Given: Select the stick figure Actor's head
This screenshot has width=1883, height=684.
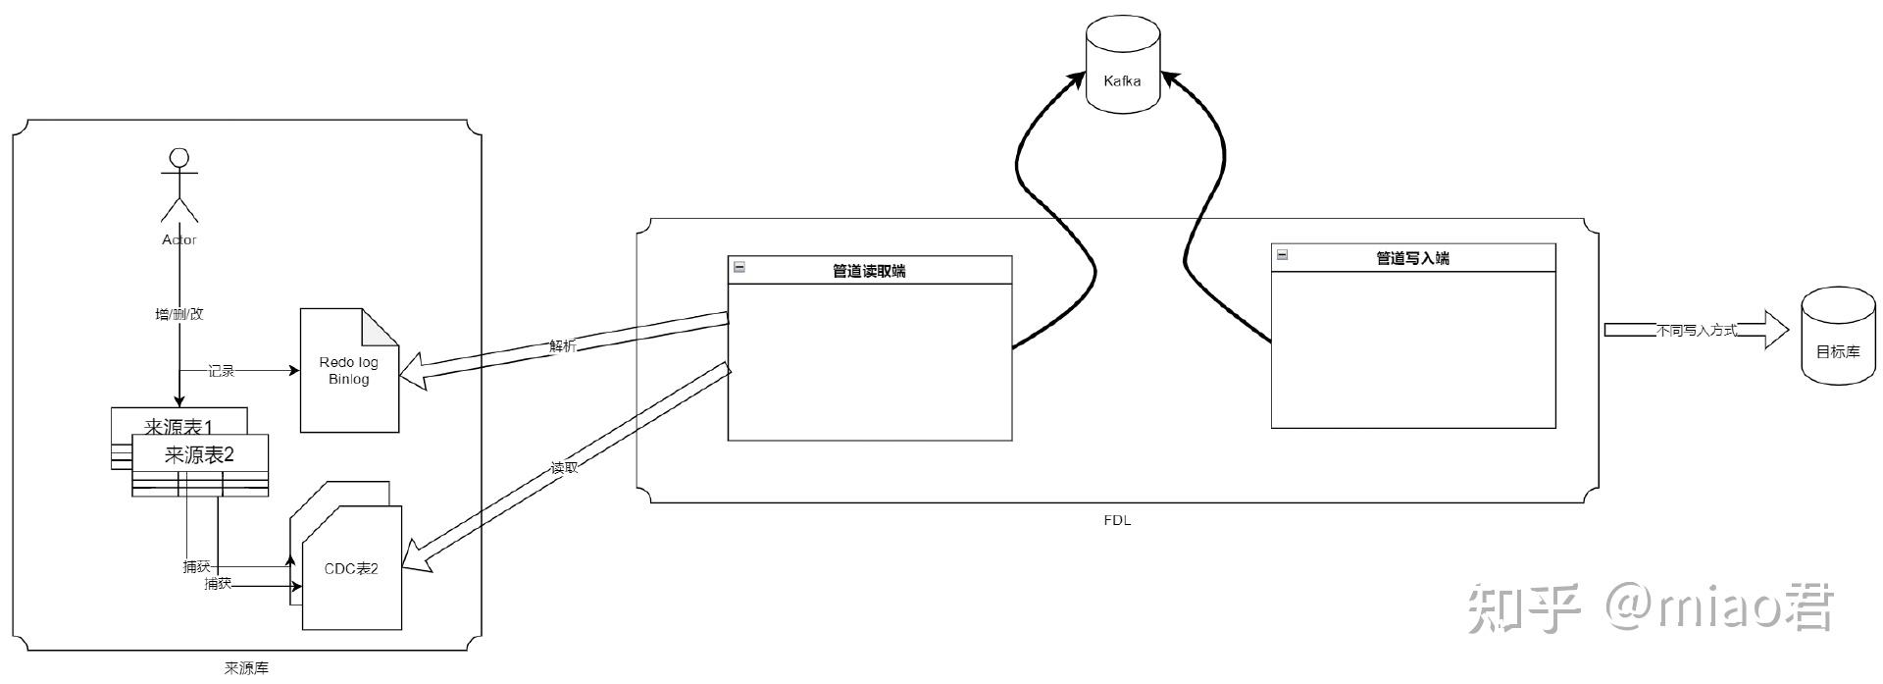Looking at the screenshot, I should (178, 158).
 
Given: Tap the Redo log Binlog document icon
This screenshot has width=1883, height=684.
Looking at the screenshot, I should (349, 371).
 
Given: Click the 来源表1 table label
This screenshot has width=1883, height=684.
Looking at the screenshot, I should (178, 427).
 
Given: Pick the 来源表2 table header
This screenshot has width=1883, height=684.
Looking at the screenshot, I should (200, 454).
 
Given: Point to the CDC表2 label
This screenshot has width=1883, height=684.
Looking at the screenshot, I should (351, 568).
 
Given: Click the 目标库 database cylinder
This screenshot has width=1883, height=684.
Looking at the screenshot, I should (1838, 340).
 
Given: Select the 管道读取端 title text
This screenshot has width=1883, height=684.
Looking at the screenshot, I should (869, 271).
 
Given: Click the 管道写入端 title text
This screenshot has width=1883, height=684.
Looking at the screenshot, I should (1412, 258).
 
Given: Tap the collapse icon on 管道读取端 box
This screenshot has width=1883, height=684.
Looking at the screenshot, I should (739, 267).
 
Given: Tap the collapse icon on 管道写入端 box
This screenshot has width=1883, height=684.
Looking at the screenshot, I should (1282, 255).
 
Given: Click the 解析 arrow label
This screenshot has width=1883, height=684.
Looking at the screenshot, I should (563, 346).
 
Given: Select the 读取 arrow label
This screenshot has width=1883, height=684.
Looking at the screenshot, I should (564, 468).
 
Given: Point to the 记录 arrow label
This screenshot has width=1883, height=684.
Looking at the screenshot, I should (222, 371).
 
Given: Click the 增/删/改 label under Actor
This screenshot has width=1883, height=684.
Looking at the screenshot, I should (179, 314).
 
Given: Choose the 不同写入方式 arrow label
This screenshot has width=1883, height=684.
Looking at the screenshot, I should (1696, 331).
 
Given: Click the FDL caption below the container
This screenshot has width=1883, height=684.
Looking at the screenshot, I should (1117, 520).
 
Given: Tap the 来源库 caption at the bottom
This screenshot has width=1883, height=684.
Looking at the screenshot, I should (246, 668).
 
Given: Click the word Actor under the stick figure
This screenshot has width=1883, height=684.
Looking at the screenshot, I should (179, 239).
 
